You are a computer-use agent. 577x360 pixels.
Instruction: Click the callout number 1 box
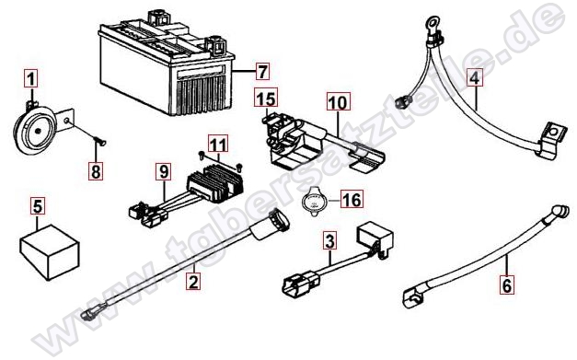pos(31,79)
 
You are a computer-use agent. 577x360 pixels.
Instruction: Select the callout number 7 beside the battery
pos(262,71)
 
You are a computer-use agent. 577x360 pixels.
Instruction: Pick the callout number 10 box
pos(339,101)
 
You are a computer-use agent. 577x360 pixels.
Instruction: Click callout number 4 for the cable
pos(475,77)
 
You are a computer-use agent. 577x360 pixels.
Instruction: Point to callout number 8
pos(96,171)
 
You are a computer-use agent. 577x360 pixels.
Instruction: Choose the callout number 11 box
pos(218,144)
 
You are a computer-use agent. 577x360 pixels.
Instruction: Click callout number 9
pos(164,171)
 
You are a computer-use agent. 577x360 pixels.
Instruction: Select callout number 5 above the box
pos(38,206)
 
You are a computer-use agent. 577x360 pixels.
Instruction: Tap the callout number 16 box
pos(352,199)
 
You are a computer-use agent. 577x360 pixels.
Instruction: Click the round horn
pos(33,130)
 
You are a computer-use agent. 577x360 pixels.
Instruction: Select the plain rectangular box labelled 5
pos(50,251)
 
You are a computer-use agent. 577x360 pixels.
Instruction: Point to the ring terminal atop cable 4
pos(430,24)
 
